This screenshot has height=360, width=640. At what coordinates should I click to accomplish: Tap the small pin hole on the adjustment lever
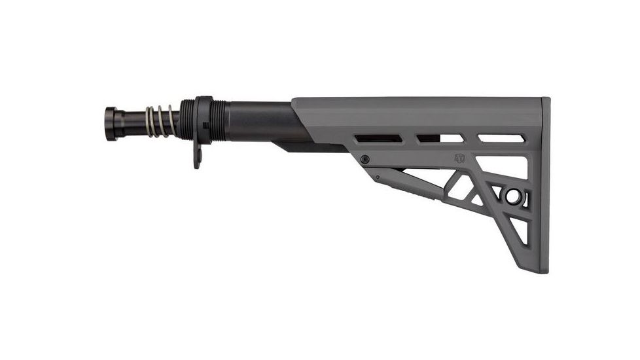(x=378, y=177)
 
